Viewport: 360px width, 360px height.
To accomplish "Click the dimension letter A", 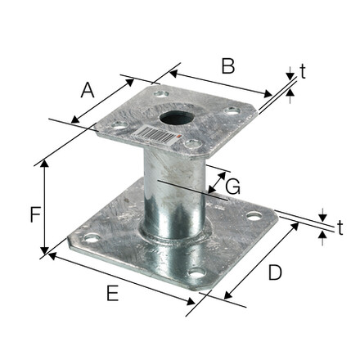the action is pyautogui.click(x=88, y=91).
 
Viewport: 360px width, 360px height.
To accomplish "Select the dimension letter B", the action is pyautogui.click(x=228, y=66).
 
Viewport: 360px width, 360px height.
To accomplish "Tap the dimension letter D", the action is pyautogui.click(x=275, y=272).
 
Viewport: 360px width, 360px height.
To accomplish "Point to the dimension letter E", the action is pyautogui.click(x=113, y=293).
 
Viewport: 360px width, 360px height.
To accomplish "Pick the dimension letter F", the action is pyautogui.click(x=35, y=214).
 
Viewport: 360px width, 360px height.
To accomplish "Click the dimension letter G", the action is pyautogui.click(x=233, y=187).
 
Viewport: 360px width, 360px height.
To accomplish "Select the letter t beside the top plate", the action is pyautogui.click(x=303, y=71).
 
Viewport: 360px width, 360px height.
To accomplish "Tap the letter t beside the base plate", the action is pyautogui.click(x=340, y=227).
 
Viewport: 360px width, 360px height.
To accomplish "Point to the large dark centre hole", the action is pyautogui.click(x=177, y=118).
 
